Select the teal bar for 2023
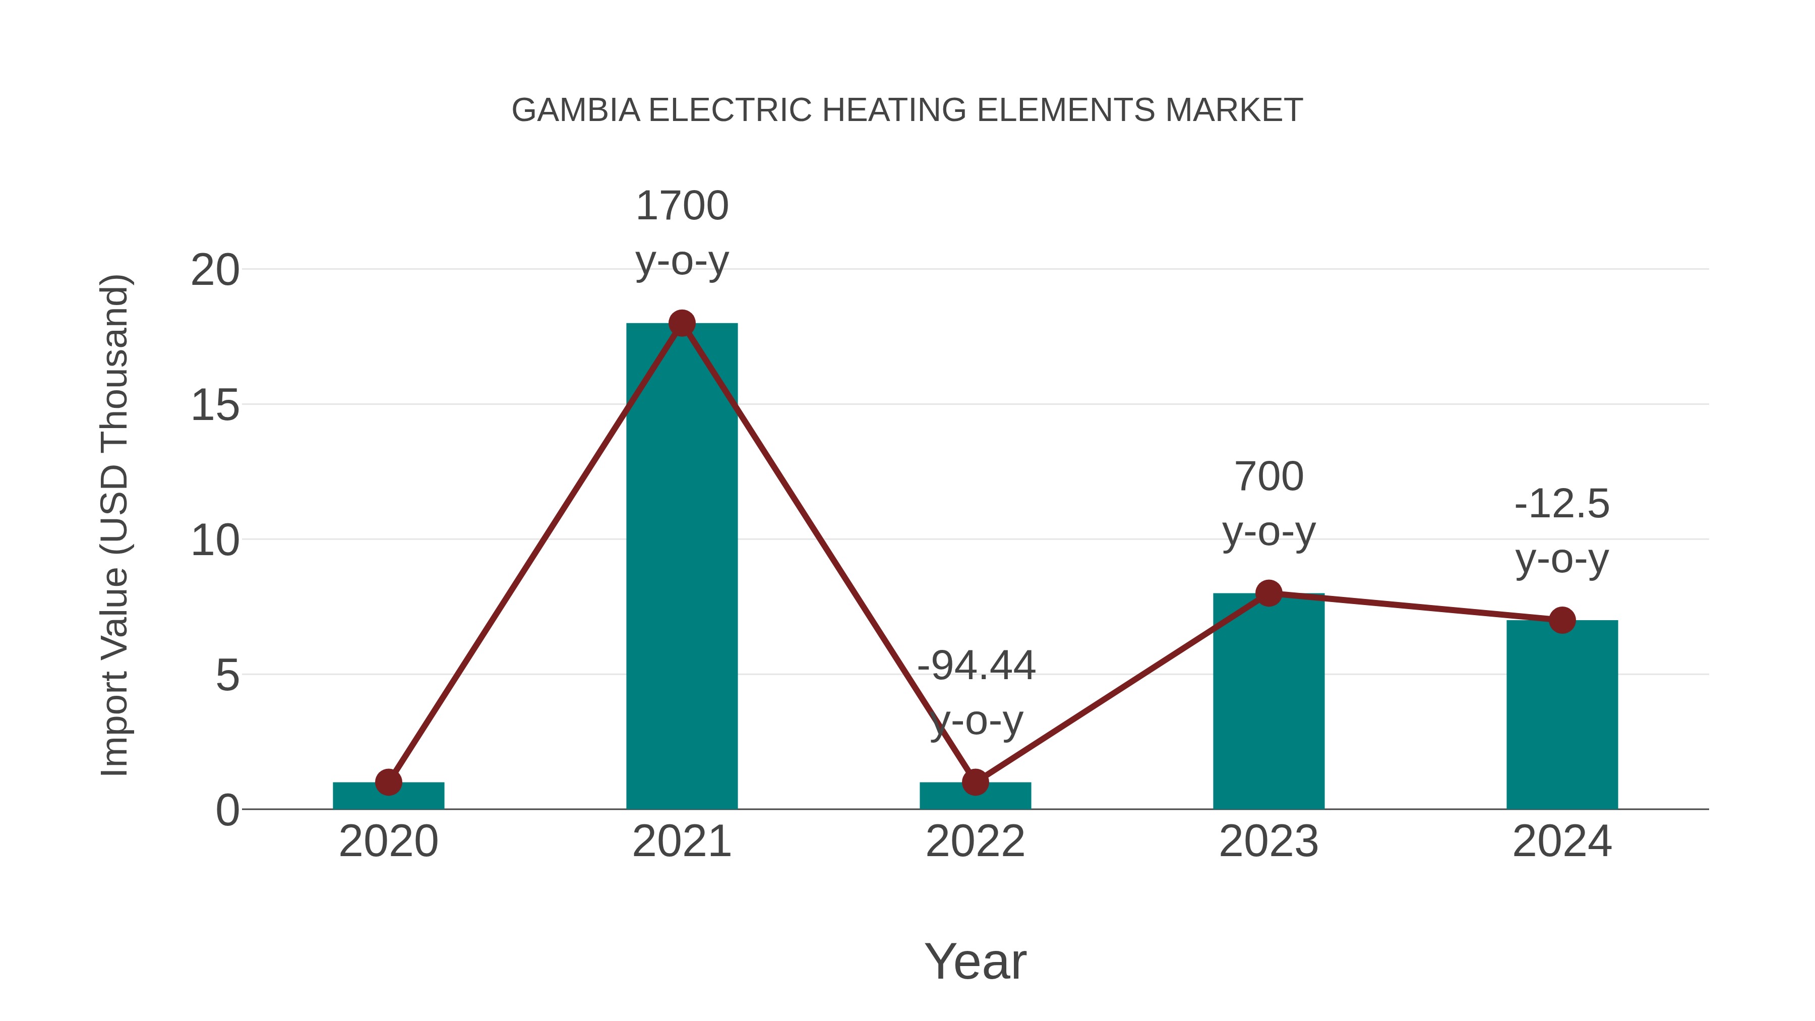(1268, 705)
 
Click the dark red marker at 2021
(681, 323)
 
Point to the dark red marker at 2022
(975, 782)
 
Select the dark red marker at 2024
(1562, 620)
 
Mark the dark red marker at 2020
(388, 782)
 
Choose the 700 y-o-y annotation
(1268, 503)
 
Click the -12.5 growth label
(1562, 505)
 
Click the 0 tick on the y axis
(227, 810)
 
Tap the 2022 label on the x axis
(975, 842)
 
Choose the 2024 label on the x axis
(1562, 842)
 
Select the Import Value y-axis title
(114, 525)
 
